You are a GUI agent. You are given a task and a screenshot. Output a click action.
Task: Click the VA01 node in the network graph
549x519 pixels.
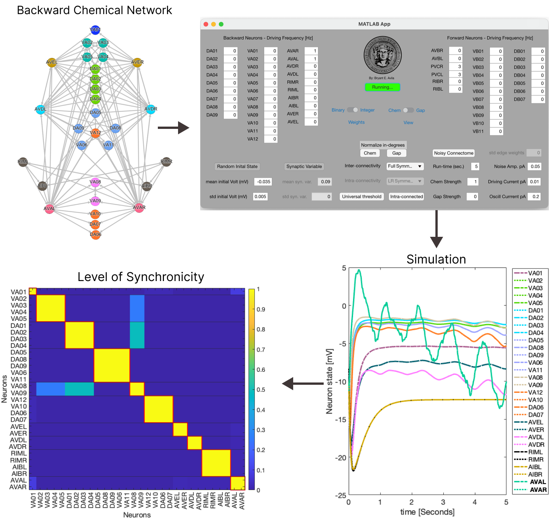tap(95, 30)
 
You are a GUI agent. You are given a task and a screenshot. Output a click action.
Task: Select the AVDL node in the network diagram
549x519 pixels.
tap(40, 109)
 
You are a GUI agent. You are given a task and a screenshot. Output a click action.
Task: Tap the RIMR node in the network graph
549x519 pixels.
tap(166, 161)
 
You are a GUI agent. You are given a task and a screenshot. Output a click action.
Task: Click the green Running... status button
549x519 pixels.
tap(382, 87)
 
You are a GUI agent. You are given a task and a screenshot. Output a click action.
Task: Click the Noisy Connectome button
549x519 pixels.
tap(454, 153)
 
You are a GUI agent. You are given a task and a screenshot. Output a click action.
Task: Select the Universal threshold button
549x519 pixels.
tap(361, 197)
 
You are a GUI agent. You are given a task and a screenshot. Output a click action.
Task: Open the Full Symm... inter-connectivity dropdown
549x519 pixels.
tap(405, 166)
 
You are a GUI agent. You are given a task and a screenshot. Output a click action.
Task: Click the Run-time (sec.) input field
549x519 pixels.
tap(475, 167)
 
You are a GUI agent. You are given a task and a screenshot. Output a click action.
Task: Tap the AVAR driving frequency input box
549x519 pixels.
tap(311, 51)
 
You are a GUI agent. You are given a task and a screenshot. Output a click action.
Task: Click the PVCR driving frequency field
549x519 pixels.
tap(456, 67)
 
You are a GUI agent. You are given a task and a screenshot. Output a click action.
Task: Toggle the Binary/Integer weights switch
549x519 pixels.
tap(353, 110)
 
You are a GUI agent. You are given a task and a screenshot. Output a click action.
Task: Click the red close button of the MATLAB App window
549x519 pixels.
tap(206, 24)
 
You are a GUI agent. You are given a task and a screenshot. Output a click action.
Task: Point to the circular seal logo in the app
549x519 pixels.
tap(382, 56)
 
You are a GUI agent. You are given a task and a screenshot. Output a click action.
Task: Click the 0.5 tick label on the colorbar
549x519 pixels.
tap(261, 390)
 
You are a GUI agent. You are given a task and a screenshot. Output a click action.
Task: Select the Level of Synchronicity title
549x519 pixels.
tap(141, 277)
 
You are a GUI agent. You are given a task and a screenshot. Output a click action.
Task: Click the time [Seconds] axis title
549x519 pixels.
tap(427, 512)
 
